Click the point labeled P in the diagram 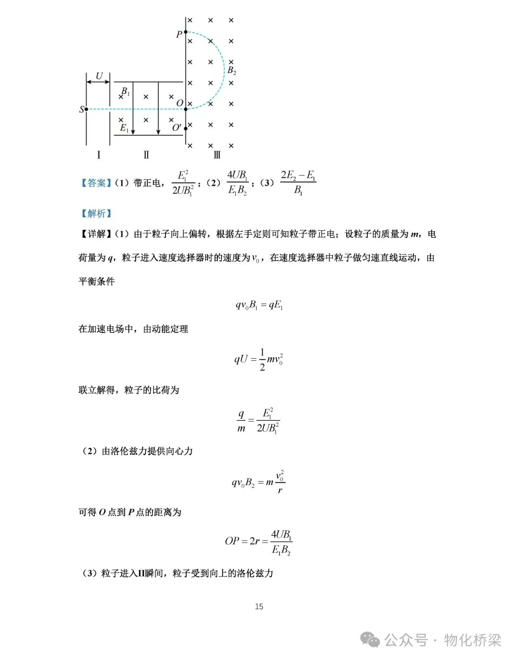pos(186,32)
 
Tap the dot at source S pos(86,109)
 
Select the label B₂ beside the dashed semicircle pos(232,71)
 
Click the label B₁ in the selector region pos(125,91)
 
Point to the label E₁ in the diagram pos(124,128)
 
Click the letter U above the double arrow pos(99,76)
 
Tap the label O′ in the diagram pos(177,127)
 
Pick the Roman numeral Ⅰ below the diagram pos(98,154)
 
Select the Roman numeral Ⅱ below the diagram pos(146,154)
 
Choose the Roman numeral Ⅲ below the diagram pos(217,154)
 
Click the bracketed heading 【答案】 pos(94,183)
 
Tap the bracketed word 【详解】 pos(94,234)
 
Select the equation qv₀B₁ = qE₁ pos(259,305)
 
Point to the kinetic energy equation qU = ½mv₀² pos(259,359)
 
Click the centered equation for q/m pos(259,420)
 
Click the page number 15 pos(259,606)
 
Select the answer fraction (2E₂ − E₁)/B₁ pos(298,183)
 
